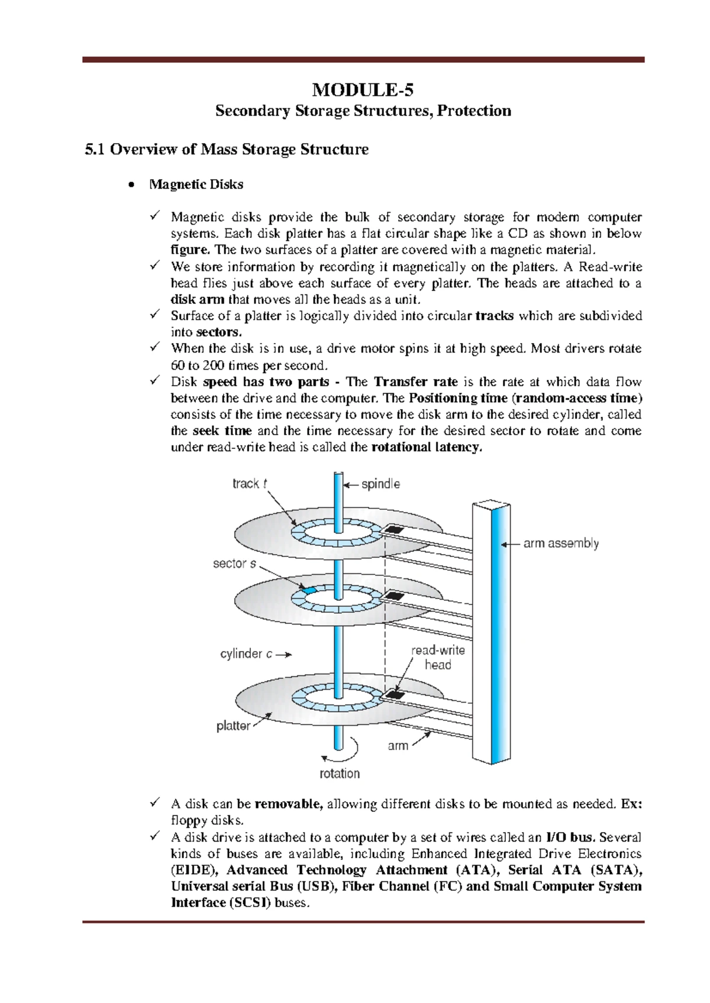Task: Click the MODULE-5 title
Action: [363, 90]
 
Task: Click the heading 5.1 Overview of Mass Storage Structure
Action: [227, 149]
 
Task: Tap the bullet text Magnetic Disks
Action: [196, 185]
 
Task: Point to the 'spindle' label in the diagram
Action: [380, 484]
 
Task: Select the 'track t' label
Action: [249, 484]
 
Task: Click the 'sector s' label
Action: [234, 564]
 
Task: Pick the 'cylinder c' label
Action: [246, 654]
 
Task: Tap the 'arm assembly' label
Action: [561, 543]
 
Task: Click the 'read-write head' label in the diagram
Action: [438, 657]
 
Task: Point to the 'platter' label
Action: [233, 726]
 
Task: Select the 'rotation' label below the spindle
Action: [340, 774]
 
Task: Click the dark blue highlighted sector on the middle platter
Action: [308, 590]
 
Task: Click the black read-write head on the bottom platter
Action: [395, 694]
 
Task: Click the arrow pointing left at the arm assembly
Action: [509, 543]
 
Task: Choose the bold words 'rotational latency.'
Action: [427, 447]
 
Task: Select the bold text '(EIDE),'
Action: [195, 870]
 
